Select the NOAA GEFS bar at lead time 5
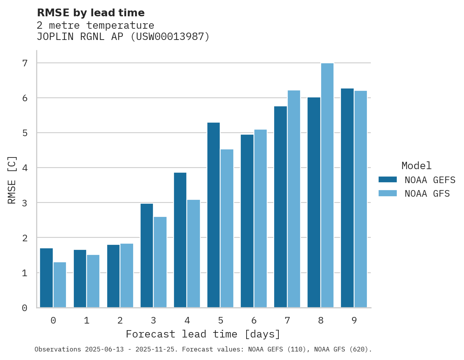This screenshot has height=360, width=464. (x=214, y=215)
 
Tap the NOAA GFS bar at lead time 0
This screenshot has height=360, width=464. (x=60, y=285)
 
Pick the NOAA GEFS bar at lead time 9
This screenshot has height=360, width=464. (x=347, y=198)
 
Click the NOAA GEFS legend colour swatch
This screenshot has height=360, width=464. (x=388, y=180)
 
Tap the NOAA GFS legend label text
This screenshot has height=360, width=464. (x=427, y=194)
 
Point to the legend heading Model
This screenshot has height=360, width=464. (x=416, y=166)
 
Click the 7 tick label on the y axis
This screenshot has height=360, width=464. (x=24, y=63)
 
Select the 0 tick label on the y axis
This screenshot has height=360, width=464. (x=24, y=308)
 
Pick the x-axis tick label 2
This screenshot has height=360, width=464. (x=120, y=320)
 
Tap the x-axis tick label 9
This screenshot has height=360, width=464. (x=354, y=320)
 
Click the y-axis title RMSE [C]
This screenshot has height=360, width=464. (x=12, y=180)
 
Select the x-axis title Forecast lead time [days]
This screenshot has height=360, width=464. (x=203, y=334)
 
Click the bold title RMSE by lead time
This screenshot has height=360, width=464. (x=90, y=13)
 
